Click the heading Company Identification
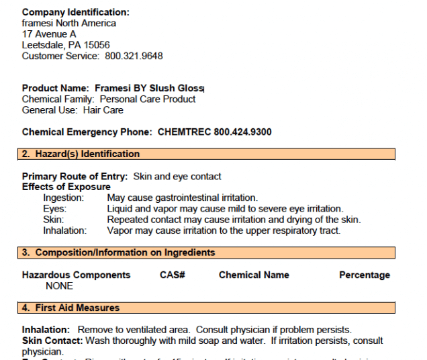(x=75, y=12)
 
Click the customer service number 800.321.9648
(x=134, y=56)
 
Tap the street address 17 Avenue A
(x=49, y=34)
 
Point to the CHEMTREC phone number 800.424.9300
(x=242, y=132)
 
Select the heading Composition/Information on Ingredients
(x=125, y=253)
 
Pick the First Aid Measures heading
(x=77, y=308)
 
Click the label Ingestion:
(x=64, y=198)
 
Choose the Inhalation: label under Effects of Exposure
(x=65, y=230)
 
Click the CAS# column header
(x=172, y=275)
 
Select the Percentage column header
(x=364, y=275)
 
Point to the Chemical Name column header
(x=254, y=275)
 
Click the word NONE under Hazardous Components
(x=59, y=285)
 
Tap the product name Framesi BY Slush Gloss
(x=149, y=88)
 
